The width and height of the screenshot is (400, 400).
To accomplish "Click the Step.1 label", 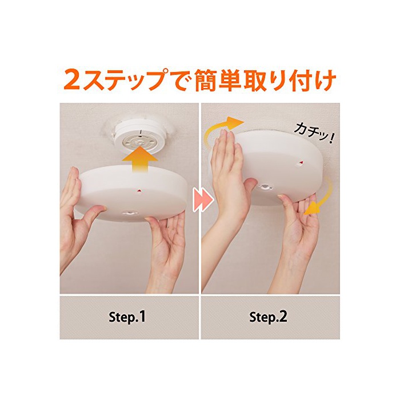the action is (127, 317).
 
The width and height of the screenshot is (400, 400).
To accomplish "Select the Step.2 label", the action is (269, 317).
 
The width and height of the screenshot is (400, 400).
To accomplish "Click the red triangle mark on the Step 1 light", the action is (139, 190).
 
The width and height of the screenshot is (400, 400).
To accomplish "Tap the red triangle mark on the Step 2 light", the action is (301, 162).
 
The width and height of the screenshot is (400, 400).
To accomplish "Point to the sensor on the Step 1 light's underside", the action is (130, 213).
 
